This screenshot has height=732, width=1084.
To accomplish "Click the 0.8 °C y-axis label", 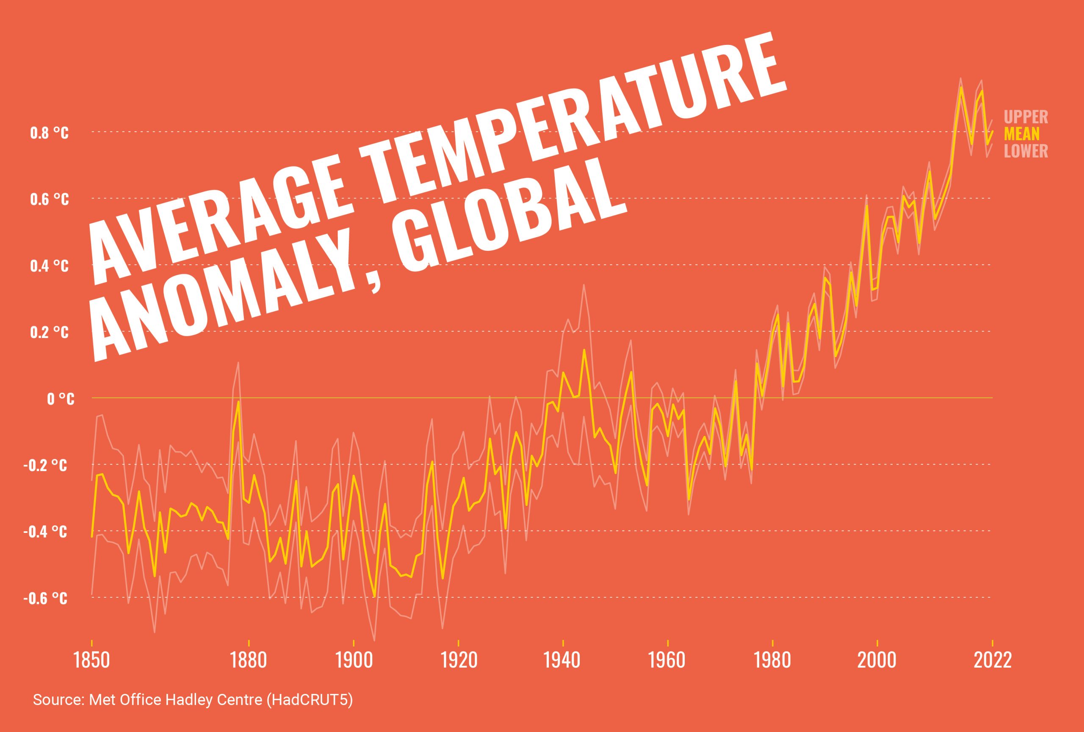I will click(x=49, y=133).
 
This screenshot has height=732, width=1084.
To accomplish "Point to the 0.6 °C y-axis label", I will click(x=49, y=200).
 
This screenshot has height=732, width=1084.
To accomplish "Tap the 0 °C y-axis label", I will click(x=60, y=399).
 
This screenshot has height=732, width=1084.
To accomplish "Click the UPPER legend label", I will click(x=1026, y=116).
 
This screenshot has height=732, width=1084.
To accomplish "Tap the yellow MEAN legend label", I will click(x=1021, y=134).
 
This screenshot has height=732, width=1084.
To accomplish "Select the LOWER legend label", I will click(x=1026, y=151).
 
